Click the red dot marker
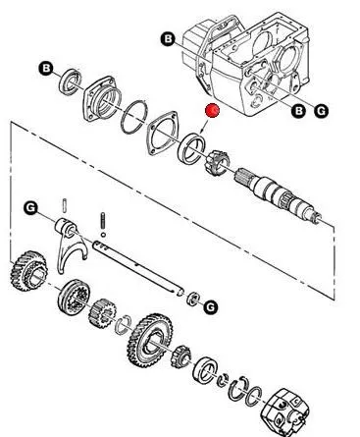(212, 111)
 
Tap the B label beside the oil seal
(46, 69)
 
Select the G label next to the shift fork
(30, 208)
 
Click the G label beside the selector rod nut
(211, 307)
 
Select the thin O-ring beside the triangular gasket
(134, 117)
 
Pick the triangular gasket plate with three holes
(162, 134)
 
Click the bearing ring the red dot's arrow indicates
(191, 148)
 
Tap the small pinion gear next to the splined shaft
(217, 162)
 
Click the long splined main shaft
(278, 195)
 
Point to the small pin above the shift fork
(65, 205)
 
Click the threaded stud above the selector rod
(103, 221)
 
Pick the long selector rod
(138, 268)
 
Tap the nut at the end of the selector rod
(193, 299)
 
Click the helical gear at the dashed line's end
(28, 271)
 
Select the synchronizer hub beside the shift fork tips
(74, 297)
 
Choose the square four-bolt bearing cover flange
(102, 98)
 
